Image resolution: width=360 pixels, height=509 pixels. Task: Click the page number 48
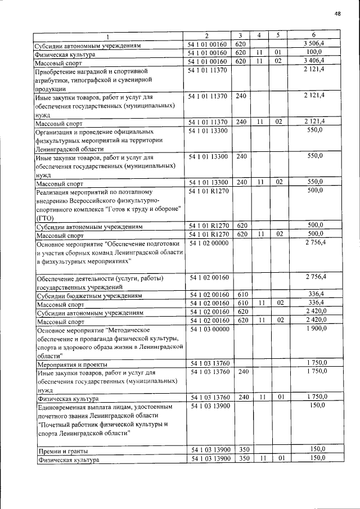pos(337,13)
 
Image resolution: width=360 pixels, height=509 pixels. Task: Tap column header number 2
pos(206,35)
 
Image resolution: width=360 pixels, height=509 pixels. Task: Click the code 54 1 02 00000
pos(209,243)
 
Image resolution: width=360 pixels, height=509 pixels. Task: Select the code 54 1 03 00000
pos(209,329)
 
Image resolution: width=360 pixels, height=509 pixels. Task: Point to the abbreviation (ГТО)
pos(45,218)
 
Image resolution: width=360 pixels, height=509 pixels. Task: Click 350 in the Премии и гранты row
pos(241,449)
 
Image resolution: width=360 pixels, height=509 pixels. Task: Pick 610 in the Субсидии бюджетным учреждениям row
pos(241,294)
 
